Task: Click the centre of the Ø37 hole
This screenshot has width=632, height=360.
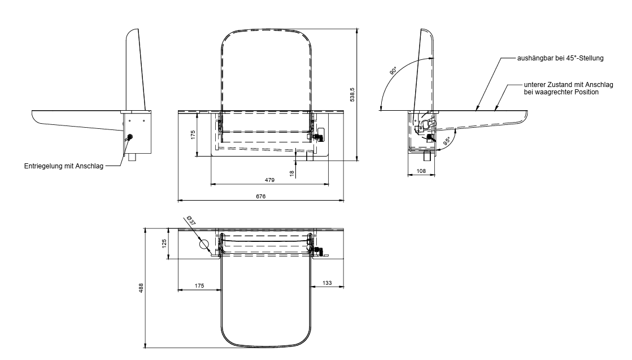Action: (204, 244)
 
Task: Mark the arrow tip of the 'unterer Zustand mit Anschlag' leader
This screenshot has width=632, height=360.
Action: (495, 110)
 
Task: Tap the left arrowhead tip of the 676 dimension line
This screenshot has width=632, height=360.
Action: (178, 200)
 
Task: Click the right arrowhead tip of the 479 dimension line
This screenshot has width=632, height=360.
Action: (329, 184)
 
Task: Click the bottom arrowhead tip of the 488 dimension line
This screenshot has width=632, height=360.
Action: (145, 348)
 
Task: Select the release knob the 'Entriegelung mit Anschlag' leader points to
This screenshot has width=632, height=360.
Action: (130, 137)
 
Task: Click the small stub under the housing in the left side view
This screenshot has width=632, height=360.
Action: (132, 158)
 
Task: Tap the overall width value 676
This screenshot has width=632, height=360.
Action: (261, 196)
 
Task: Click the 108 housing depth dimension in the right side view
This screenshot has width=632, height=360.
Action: (421, 171)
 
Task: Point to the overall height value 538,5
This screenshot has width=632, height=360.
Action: (352, 95)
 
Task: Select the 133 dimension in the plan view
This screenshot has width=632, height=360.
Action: (327, 283)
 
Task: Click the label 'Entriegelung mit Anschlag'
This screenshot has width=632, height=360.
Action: (64, 166)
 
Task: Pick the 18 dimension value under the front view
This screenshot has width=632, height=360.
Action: (292, 174)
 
